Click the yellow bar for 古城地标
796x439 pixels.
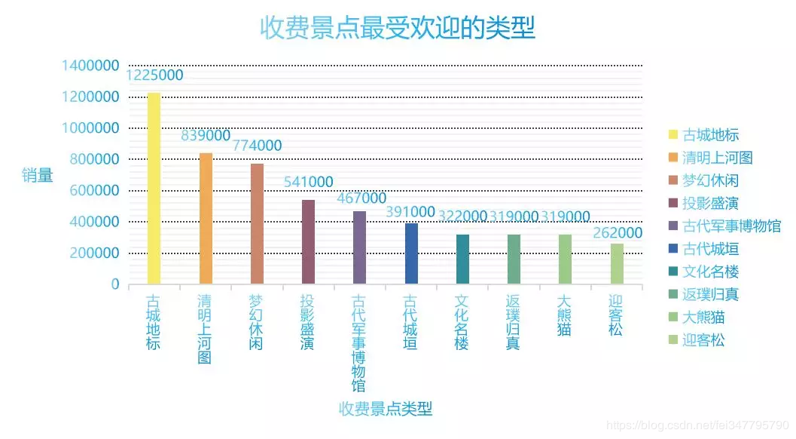tap(154, 189)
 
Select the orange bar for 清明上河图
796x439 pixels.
tap(206, 219)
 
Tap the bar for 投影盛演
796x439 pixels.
tap(308, 242)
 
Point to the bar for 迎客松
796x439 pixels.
tap(617, 264)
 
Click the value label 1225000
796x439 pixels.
tap(154, 75)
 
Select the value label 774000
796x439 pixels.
tap(257, 146)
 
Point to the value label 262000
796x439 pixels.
tap(618, 232)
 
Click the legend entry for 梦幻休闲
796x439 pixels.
tap(710, 181)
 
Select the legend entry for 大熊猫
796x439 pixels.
tap(703, 318)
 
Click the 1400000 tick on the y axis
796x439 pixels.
tap(90, 66)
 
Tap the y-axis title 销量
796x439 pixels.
tap(38, 175)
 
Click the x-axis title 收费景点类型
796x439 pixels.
tap(386, 410)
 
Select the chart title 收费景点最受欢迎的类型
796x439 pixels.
tap(398, 28)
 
